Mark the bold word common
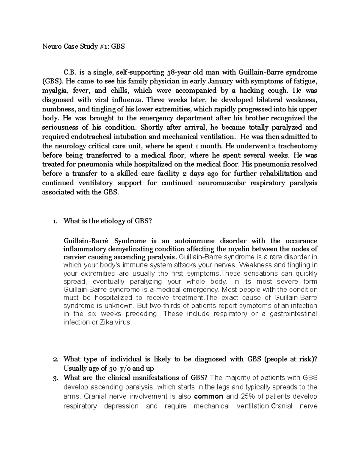tap(208, 396)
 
